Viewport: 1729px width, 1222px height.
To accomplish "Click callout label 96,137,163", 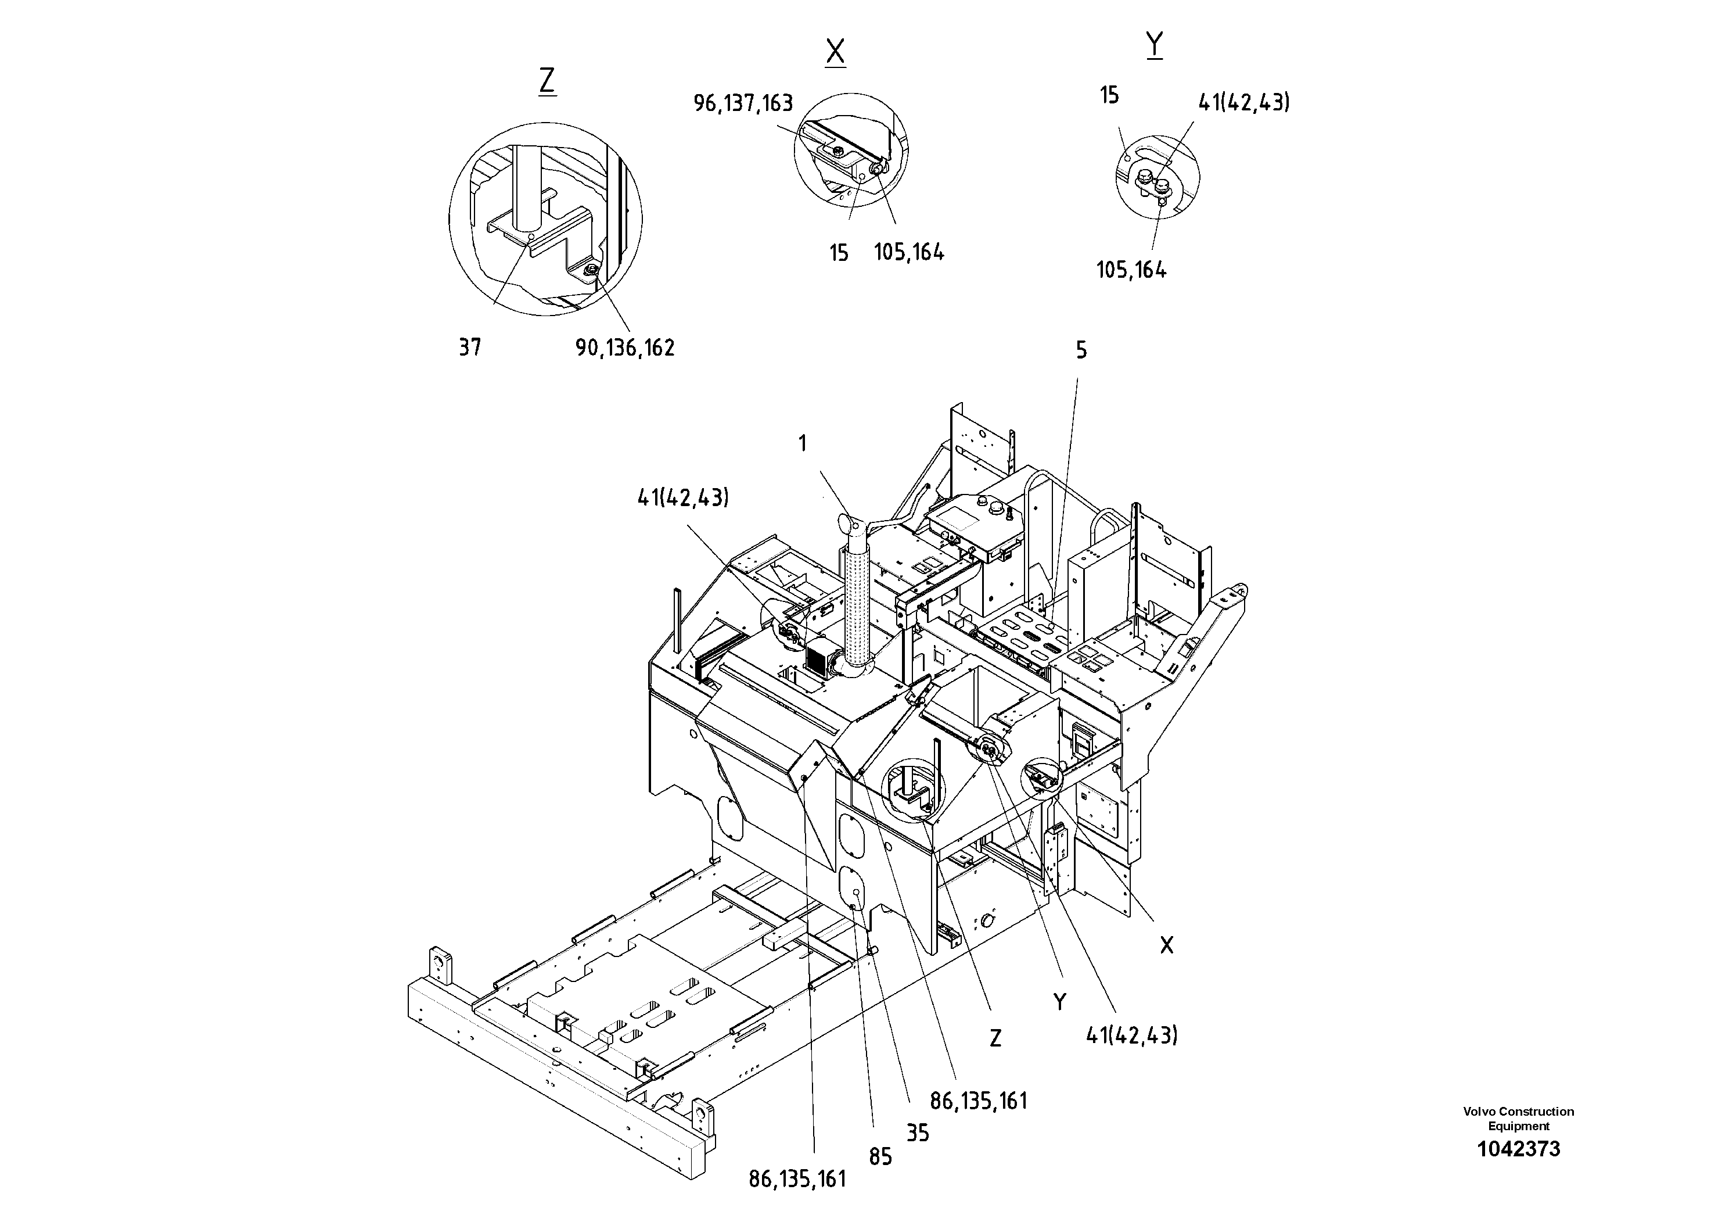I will click(743, 103).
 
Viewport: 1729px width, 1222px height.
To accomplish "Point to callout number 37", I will click(470, 347).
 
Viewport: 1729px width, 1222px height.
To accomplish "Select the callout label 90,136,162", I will click(625, 348).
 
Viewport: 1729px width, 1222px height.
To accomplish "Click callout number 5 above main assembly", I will click(1081, 350).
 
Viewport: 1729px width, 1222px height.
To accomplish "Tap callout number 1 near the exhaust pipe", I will click(803, 444).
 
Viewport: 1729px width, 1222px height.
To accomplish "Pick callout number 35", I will click(917, 1133).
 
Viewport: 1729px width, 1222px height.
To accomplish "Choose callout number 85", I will click(880, 1157).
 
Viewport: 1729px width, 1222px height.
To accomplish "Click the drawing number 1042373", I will click(1518, 1149).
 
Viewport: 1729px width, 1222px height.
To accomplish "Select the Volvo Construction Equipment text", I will click(1518, 1119).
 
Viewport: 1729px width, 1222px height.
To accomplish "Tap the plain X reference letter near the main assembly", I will click(1166, 945).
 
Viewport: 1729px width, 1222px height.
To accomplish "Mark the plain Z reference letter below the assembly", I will click(995, 1039).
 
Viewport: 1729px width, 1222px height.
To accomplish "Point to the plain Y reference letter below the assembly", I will click(1059, 1002).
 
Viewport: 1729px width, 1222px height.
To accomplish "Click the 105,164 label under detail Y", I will click(1131, 270).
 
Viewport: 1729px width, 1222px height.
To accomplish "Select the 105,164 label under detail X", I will click(909, 252).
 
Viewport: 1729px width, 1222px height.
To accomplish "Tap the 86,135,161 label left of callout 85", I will click(797, 1179).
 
